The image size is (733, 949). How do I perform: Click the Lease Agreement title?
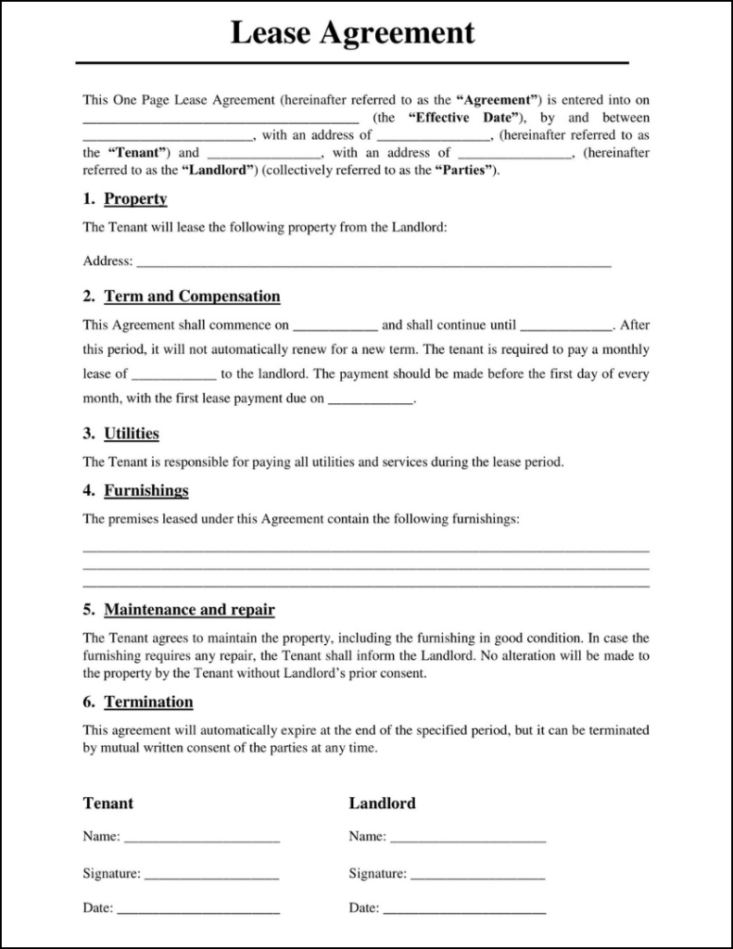[x=352, y=33]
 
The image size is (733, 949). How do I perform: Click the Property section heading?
[x=135, y=199]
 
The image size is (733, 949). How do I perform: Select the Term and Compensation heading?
[x=192, y=297]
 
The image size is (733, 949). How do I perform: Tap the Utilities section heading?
[x=132, y=433]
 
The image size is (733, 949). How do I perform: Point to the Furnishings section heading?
[x=146, y=490]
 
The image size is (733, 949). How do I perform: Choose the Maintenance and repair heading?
[x=189, y=610]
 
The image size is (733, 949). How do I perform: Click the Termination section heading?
[x=148, y=702]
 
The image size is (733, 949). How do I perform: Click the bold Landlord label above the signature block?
[x=382, y=803]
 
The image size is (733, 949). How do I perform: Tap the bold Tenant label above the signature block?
[x=108, y=803]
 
